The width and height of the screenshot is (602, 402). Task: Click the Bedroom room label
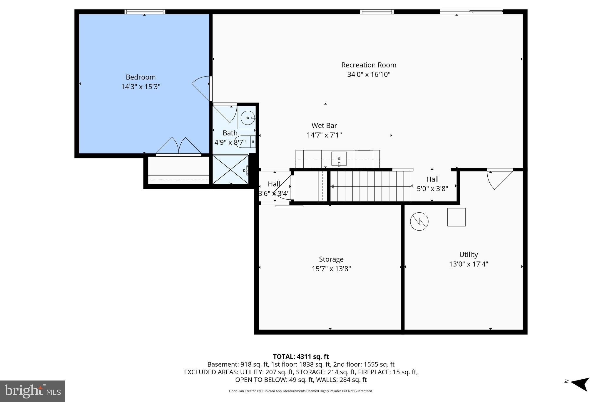(141, 77)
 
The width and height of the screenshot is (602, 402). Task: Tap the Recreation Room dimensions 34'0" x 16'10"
(369, 75)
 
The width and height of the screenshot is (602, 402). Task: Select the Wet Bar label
(324, 125)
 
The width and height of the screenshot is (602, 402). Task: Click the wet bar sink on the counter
(339, 159)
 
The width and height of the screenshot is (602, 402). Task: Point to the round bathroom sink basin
(248, 118)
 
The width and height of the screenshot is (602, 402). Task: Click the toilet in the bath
(244, 141)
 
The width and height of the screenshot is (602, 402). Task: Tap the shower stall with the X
(230, 170)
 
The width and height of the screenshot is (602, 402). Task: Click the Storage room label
(331, 259)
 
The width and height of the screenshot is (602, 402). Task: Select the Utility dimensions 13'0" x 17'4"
(469, 264)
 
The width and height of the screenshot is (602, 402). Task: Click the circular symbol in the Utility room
(419, 221)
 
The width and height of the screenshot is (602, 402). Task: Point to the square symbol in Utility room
(456, 217)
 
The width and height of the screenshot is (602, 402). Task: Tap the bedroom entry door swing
(201, 87)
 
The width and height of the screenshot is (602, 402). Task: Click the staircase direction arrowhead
(332, 186)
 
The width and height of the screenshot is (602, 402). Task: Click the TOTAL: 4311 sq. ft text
(301, 357)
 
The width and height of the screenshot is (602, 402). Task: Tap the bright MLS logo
(33, 391)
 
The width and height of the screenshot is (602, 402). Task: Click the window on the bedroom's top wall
(145, 12)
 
